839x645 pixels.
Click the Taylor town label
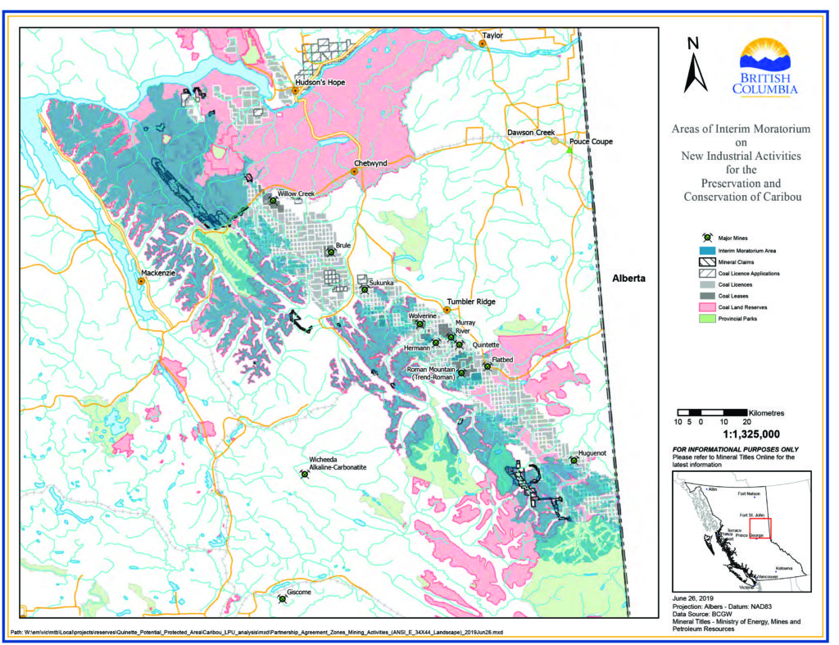pos(492,36)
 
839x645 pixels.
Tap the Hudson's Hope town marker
pos(296,91)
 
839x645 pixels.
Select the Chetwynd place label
pos(370,163)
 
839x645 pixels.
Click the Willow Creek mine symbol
pos(273,200)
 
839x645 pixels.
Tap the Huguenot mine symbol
pos(574,461)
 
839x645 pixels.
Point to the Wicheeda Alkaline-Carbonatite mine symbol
pos(304,474)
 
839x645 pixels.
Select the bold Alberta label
pos(629,279)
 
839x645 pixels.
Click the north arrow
pos(697,66)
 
